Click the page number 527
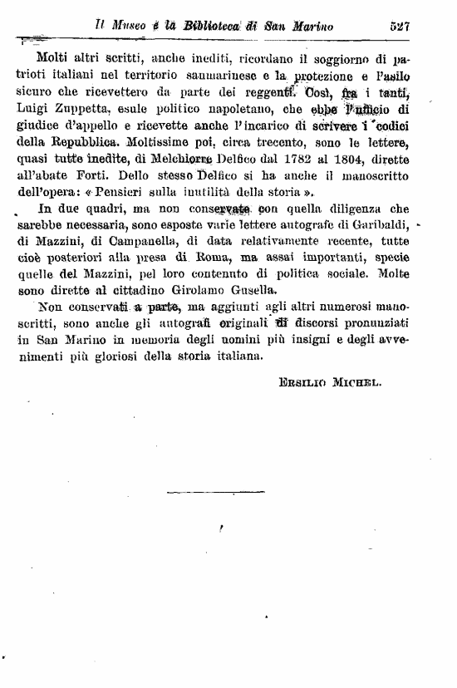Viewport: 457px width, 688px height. pos(401,26)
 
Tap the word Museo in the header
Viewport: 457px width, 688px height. pos(124,26)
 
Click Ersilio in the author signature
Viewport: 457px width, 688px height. pos(313,384)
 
